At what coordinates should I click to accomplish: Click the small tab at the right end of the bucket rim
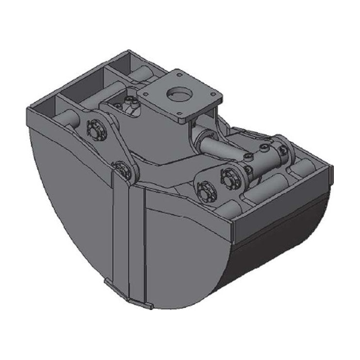click(x=331, y=172)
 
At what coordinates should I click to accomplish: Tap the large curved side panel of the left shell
click(x=73, y=194)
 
